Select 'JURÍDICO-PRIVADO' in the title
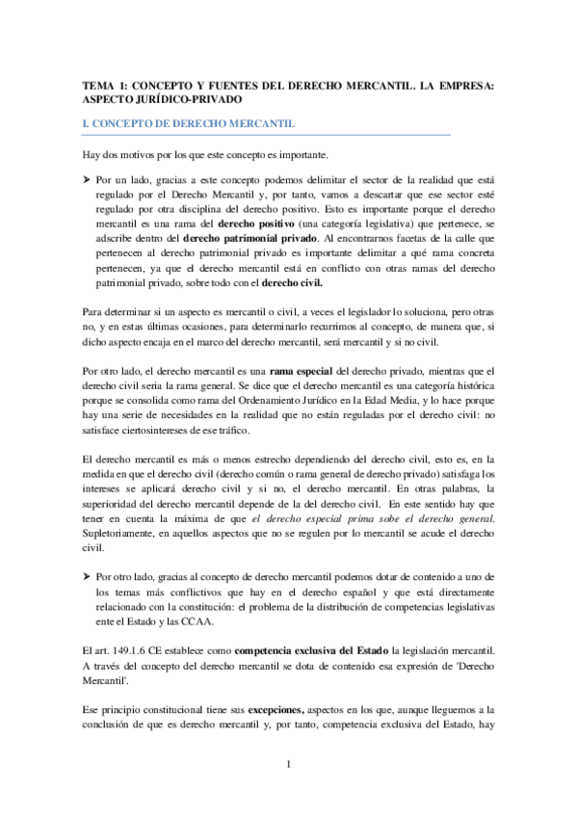tap(182, 99)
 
